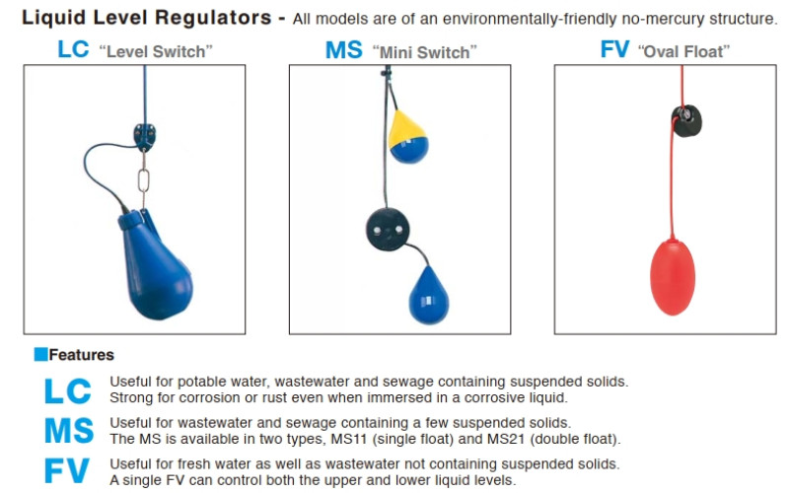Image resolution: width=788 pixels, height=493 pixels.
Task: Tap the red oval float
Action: point(673,277)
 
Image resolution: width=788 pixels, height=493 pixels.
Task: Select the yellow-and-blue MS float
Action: point(407,137)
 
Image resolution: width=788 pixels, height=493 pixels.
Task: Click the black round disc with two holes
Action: point(388,230)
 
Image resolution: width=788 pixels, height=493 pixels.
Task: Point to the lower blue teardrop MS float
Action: point(428,296)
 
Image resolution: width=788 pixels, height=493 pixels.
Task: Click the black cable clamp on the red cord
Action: point(686,120)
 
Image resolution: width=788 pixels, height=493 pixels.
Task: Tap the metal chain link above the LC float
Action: point(144,180)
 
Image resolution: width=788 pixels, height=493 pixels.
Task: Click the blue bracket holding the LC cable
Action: point(145,137)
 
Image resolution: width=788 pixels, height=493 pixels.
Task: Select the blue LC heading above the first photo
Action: point(73,49)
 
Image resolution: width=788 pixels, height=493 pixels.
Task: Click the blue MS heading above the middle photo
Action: point(344,50)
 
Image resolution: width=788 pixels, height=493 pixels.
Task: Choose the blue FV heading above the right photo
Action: point(614,49)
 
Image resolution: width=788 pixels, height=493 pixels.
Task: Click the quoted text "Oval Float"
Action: point(683,51)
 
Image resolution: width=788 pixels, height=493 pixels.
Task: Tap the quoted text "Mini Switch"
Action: point(424,52)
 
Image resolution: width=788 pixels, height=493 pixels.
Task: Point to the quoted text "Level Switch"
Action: point(156,51)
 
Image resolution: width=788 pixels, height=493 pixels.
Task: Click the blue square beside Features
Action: point(40,354)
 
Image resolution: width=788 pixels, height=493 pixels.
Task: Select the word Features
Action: point(82,355)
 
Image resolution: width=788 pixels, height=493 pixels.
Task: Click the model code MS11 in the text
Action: point(349,439)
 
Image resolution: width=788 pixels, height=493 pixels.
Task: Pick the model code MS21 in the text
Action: point(506,439)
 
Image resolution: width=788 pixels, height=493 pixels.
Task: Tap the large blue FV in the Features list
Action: point(67,471)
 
